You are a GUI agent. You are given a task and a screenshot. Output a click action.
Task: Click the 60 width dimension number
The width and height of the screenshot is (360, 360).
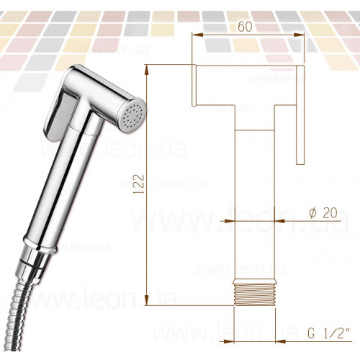click(245, 27)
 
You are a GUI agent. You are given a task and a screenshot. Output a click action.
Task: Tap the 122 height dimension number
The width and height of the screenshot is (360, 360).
click(140, 184)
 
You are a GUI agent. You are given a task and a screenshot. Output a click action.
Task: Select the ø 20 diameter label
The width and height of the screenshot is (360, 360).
click(323, 212)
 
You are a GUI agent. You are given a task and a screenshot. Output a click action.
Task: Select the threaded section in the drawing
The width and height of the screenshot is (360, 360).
click(254, 292)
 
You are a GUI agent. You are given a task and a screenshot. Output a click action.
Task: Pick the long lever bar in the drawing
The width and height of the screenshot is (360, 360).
click(300, 114)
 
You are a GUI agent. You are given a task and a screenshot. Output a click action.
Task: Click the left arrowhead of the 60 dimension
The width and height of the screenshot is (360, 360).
click(197, 35)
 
